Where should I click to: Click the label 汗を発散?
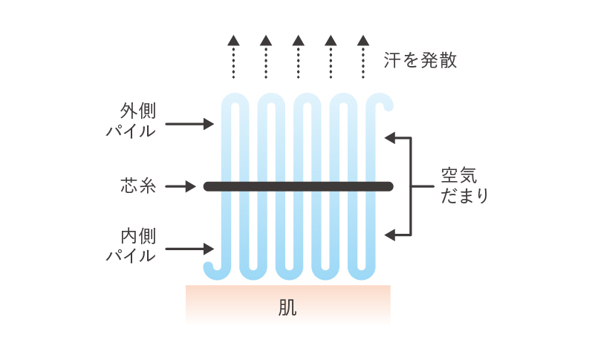click(x=420, y=60)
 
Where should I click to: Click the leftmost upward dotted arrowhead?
click(x=233, y=40)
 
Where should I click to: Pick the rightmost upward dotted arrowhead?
click(x=362, y=40)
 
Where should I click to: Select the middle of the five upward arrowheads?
click(x=298, y=40)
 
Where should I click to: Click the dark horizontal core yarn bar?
click(x=298, y=186)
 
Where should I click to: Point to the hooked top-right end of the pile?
click(x=387, y=101)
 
